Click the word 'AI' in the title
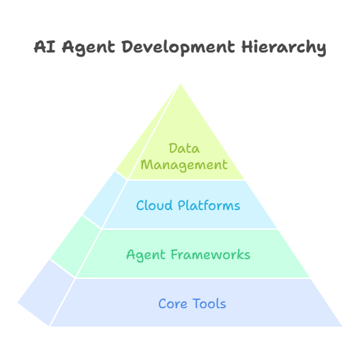point(45,47)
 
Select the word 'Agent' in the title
point(89,48)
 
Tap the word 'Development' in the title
point(178,48)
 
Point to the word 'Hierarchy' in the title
point(284,48)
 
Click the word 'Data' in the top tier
point(184,149)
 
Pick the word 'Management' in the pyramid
point(184,165)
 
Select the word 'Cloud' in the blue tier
point(154,205)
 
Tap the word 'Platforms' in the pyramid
point(209,205)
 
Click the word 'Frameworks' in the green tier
point(210,254)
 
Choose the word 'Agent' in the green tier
point(145,255)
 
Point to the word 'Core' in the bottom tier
point(172,304)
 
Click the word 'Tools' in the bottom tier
point(209,303)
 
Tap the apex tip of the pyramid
point(180,84)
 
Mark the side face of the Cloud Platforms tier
point(105,199)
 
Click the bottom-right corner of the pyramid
point(342,326)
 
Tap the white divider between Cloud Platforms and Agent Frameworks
point(190,229)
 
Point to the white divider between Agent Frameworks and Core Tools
point(193,278)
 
